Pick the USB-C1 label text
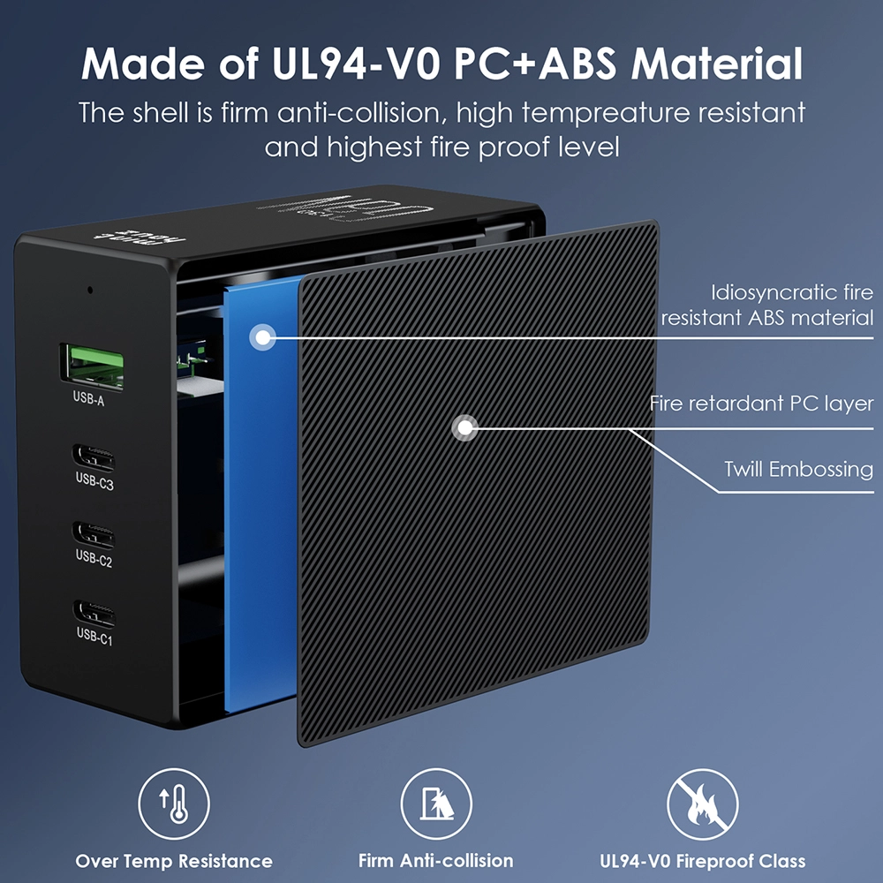click(94, 635)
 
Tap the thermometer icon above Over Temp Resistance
click(174, 805)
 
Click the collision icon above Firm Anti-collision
click(436, 805)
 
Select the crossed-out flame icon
click(702, 805)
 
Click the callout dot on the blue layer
click(262, 336)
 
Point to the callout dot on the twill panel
click(463, 429)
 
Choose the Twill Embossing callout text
click(798, 469)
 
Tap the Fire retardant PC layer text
click(761, 404)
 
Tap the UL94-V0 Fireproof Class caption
click(702, 861)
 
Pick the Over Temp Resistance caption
click(174, 861)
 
